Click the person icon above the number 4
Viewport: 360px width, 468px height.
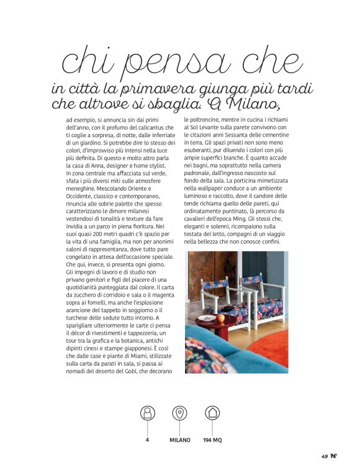(148, 413)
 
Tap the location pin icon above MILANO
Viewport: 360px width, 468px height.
(180, 413)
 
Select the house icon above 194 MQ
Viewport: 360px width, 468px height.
(212, 413)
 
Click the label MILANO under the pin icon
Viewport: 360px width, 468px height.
(180, 440)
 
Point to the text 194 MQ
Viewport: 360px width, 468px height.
(212, 440)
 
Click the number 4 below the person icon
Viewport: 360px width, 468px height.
(148, 440)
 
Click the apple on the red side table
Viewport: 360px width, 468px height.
(220, 318)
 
